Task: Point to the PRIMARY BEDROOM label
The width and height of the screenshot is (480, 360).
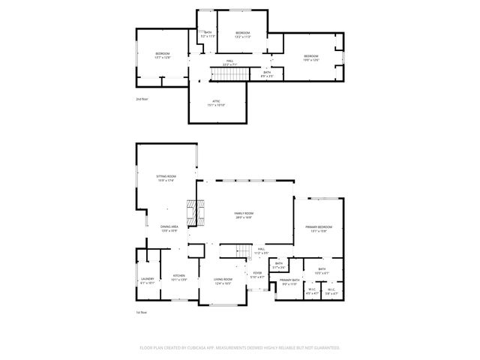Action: (319, 228)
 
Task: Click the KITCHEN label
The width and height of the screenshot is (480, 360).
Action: (179, 277)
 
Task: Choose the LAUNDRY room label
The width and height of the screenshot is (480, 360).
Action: (147, 280)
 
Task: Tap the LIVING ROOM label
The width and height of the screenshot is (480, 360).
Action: (223, 280)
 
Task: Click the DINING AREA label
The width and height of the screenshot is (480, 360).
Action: (169, 228)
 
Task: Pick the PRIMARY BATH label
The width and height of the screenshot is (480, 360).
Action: (289, 282)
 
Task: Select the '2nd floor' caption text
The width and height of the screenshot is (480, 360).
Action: (142, 99)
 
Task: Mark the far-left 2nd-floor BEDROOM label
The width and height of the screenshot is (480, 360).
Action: (163, 55)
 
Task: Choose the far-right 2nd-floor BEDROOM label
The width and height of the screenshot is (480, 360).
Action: (311, 57)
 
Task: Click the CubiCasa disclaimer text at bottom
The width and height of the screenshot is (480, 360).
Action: (240, 347)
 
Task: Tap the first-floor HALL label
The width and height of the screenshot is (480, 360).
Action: (261, 250)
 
